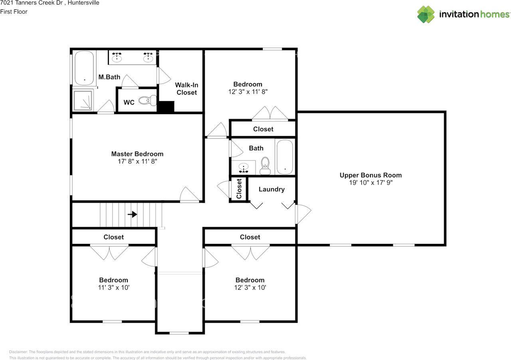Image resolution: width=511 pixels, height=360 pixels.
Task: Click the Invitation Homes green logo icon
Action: [x=426, y=14]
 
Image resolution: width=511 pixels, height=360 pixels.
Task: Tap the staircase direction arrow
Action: [x=132, y=214]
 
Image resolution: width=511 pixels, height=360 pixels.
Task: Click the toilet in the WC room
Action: [x=148, y=101]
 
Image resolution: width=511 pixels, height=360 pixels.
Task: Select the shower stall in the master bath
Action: [x=83, y=101]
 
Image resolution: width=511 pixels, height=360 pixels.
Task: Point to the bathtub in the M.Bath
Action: [x=84, y=68]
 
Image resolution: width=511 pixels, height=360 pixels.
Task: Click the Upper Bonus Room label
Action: [x=371, y=175]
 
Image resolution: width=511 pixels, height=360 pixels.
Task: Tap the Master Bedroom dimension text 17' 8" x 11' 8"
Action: [x=137, y=161]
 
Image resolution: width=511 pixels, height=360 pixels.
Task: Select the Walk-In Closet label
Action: [x=186, y=89]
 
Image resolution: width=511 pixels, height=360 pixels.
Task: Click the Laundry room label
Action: [x=271, y=189]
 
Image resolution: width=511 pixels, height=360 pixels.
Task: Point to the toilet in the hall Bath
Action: [x=265, y=166]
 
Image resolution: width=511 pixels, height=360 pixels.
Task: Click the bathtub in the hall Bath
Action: [x=285, y=157]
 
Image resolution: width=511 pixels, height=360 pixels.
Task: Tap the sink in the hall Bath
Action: [x=244, y=167]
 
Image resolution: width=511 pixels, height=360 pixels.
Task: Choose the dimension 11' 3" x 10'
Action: [x=114, y=287]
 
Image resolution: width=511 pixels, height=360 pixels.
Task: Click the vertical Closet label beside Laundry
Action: [x=239, y=189]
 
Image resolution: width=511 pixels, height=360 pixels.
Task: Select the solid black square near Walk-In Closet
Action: [x=166, y=107]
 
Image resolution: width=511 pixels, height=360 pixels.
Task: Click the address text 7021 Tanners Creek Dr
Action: [x=32, y=3]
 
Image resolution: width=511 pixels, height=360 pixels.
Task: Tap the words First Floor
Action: [x=14, y=12]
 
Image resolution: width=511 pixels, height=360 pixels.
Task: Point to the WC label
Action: [x=129, y=102]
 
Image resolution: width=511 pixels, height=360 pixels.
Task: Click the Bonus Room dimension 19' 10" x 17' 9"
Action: [x=371, y=182]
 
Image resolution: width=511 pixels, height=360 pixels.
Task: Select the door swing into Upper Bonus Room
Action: [x=303, y=214]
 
